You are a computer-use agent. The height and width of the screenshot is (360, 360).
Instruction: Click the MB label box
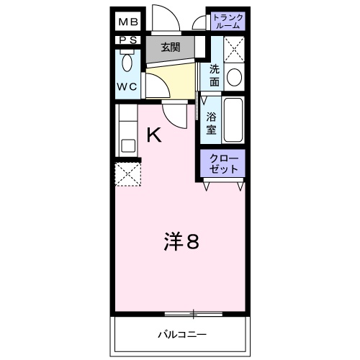pyautogui.click(x=130, y=21)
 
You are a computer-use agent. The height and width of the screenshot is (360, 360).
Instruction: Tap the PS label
pyautogui.click(x=129, y=40)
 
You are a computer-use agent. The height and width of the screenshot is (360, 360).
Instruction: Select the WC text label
pyautogui.click(x=128, y=88)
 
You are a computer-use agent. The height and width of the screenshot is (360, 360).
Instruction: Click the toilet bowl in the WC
pyautogui.click(x=127, y=63)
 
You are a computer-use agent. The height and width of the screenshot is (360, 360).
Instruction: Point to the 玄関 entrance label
pyautogui.click(x=170, y=48)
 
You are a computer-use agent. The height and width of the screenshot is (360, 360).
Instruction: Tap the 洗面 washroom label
pyautogui.click(x=214, y=76)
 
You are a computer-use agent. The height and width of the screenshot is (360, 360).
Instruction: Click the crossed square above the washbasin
pyautogui.click(x=234, y=48)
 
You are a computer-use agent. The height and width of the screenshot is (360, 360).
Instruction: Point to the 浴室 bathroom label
pyautogui.click(x=212, y=122)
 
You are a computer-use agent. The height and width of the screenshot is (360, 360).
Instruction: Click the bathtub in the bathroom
pyautogui.click(x=234, y=120)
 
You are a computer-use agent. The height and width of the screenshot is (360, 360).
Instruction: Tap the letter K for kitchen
pyautogui.click(x=153, y=135)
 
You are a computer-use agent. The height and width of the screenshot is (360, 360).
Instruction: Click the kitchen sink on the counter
pyautogui.click(x=128, y=145)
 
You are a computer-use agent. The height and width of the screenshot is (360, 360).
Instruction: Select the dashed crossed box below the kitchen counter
pyautogui.click(x=127, y=174)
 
